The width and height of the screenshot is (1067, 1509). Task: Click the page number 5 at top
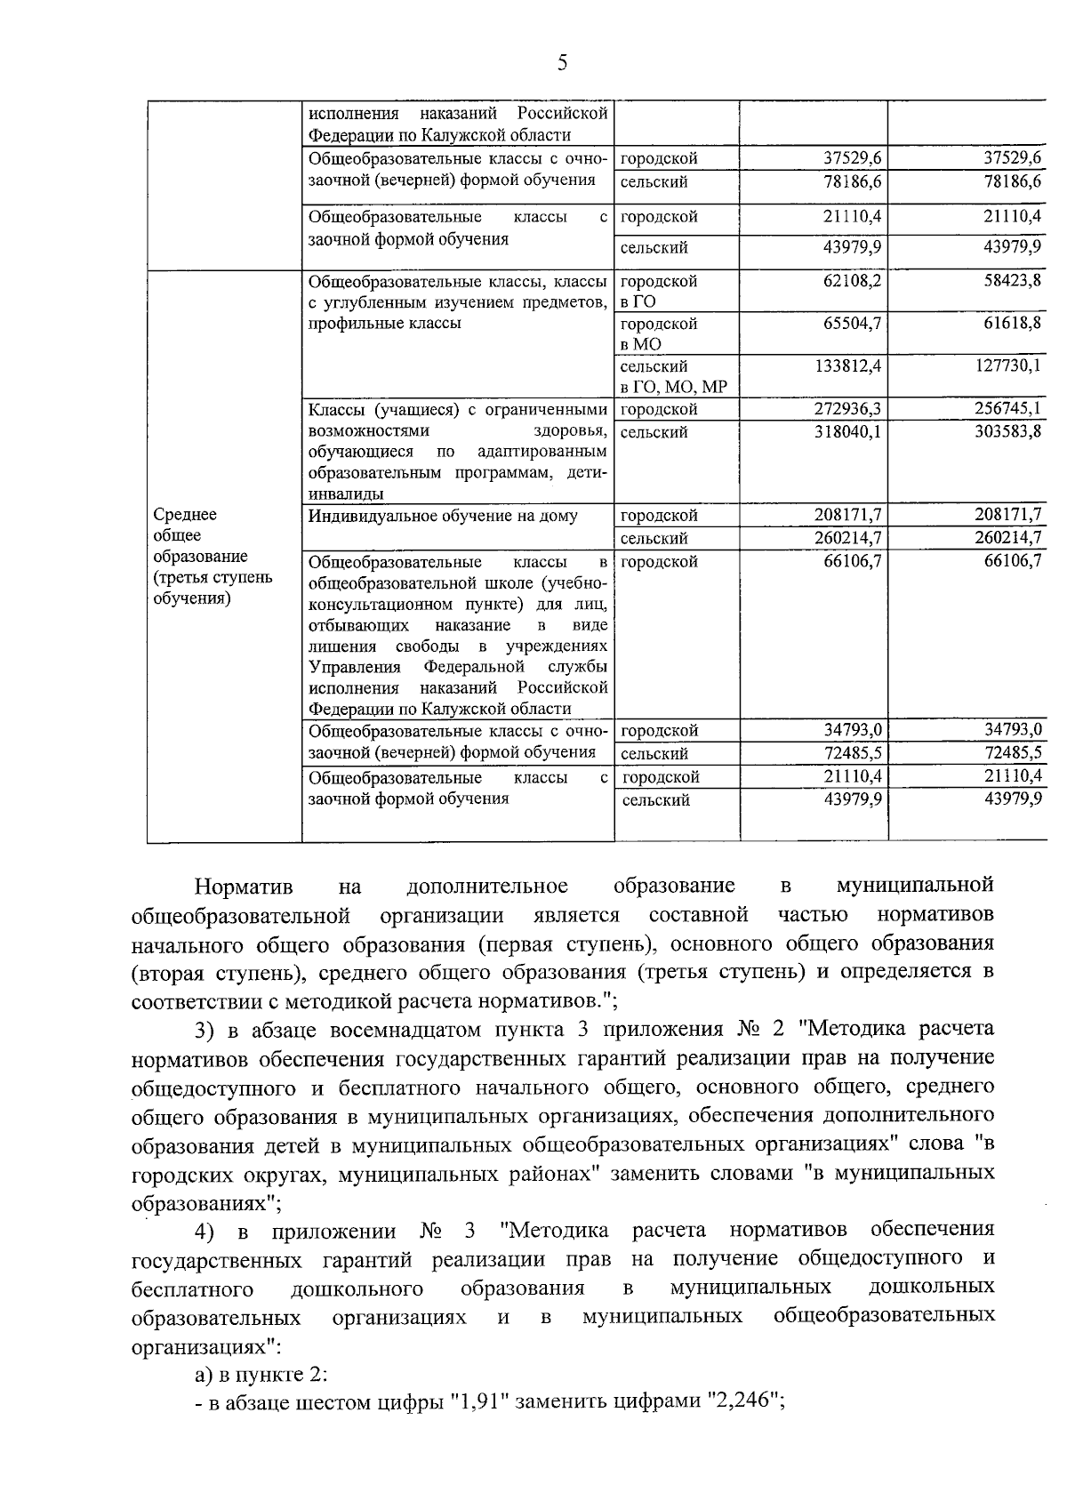[561, 62]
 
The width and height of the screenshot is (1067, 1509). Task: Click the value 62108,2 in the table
[848, 281]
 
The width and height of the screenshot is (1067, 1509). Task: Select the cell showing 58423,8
[1009, 281]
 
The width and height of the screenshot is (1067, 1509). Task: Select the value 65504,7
[848, 323]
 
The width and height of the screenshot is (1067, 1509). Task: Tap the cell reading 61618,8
[1009, 323]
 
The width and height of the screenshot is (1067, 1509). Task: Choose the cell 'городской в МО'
[659, 333]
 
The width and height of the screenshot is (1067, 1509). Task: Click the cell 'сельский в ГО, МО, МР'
[672, 376]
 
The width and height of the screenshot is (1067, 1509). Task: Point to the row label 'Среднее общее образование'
[200, 556]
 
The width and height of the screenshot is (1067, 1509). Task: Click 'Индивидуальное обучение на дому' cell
[443, 516]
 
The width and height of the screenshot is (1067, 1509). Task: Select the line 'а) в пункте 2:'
[261, 1375]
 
